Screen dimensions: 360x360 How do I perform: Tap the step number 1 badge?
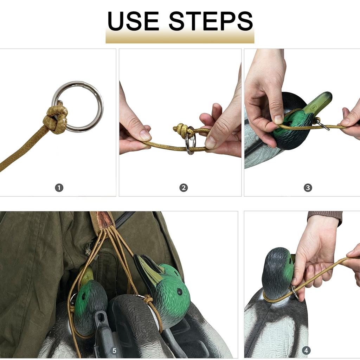pyautogui.click(x=59, y=188)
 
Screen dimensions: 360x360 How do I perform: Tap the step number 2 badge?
pyautogui.click(x=184, y=188)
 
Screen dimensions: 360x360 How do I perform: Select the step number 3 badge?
pyautogui.click(x=308, y=188)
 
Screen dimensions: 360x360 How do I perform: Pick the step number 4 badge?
pyautogui.click(x=306, y=350)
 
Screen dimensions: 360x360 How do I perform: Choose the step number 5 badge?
pyautogui.click(x=114, y=350)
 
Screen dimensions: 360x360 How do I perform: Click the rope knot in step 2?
pyautogui.click(x=182, y=131)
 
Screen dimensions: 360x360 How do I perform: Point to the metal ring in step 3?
pyautogui.click(x=323, y=125)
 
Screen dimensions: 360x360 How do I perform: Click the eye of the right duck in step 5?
pyautogui.click(x=180, y=291)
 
